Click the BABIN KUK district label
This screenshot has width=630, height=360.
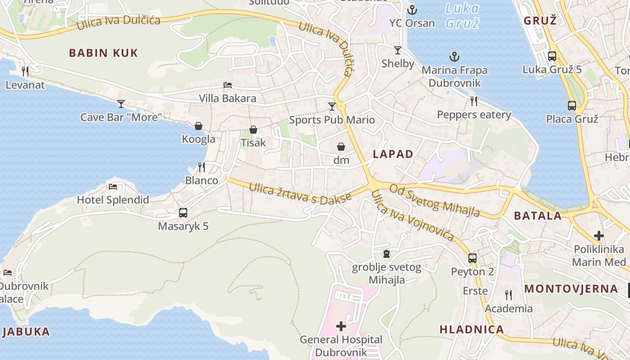[x=103, y=53]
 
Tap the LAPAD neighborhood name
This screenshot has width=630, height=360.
[x=393, y=154]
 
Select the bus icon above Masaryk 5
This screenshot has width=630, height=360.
[x=183, y=213]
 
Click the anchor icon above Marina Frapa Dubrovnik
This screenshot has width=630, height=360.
[x=454, y=57]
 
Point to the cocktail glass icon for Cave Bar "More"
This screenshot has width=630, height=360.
[x=121, y=104]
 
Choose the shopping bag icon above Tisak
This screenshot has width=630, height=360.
[x=253, y=130]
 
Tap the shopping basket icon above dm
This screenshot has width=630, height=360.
[x=341, y=147]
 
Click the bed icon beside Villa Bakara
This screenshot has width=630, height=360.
[x=228, y=85]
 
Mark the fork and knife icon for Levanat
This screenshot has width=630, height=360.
[x=25, y=71]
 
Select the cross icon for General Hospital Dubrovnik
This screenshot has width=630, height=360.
[x=341, y=326]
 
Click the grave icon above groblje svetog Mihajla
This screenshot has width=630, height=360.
[x=386, y=254]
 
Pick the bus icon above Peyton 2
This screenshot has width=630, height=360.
[x=472, y=258]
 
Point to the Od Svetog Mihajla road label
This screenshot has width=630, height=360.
[x=434, y=200]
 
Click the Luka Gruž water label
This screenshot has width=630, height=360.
[x=462, y=16]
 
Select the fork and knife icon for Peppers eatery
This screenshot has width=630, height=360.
[x=473, y=101]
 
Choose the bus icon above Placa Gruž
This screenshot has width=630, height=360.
[x=572, y=106]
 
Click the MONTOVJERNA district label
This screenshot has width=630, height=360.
[x=571, y=288]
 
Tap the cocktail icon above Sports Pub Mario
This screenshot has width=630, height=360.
[x=332, y=106]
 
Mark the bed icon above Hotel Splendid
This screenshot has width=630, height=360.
[x=113, y=186]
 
